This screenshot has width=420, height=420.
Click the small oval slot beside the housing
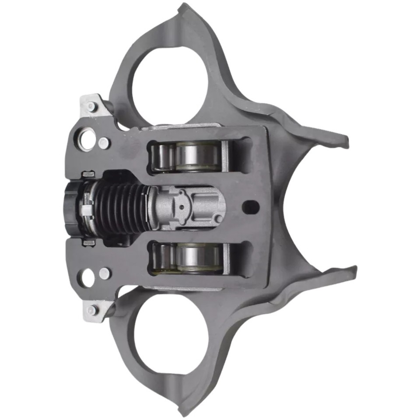click(250, 206)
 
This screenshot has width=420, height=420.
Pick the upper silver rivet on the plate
click(104, 143)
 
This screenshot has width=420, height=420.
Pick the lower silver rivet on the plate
click(104, 273)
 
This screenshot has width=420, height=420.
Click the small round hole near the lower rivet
click(86, 277)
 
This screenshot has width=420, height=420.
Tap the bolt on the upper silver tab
click(91, 106)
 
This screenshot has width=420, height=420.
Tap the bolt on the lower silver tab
click(91, 310)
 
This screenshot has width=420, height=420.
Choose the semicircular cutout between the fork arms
click(297, 206)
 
